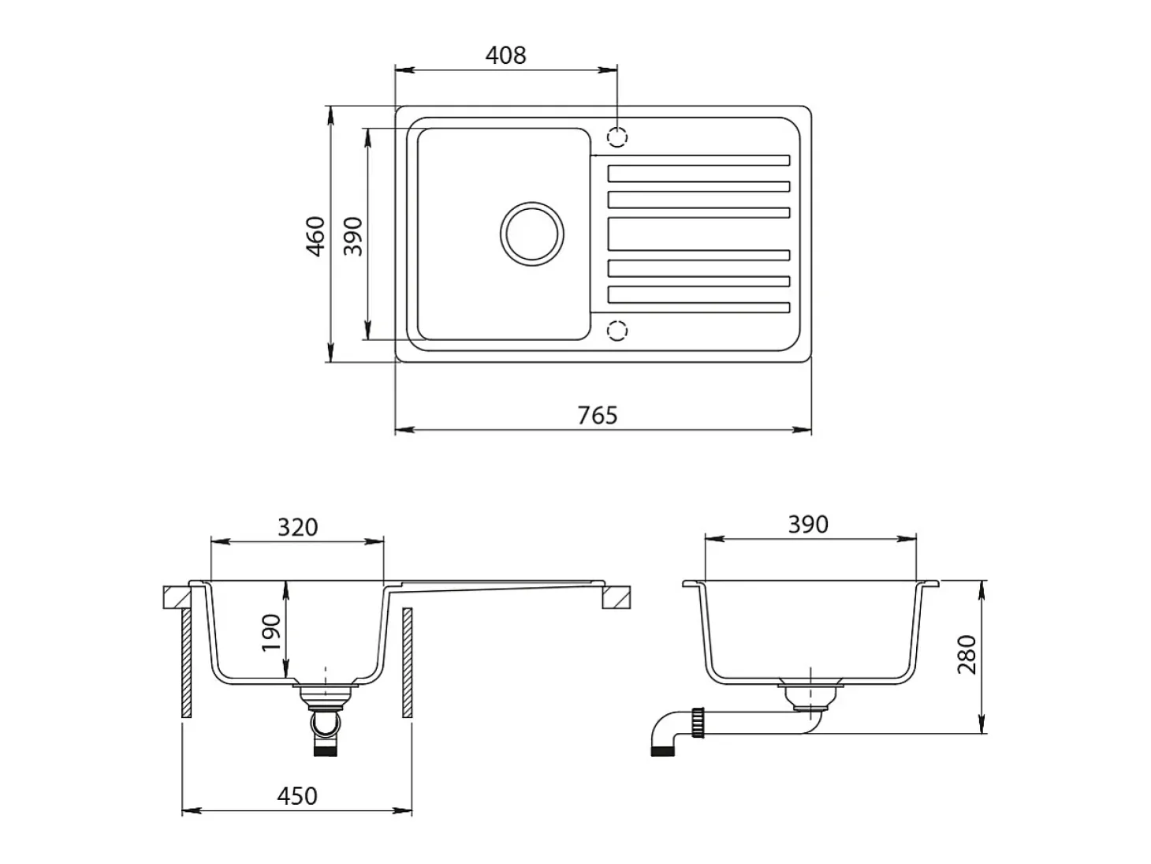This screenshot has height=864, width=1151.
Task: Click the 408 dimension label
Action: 505,55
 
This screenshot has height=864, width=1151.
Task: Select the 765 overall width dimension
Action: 598,416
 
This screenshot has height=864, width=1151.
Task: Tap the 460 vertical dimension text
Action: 315,236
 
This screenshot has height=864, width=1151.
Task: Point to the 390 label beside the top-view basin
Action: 353,236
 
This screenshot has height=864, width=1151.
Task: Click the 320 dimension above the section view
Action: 297,528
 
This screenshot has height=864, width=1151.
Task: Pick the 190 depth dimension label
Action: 271,633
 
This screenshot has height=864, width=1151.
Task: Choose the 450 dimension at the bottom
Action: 297,796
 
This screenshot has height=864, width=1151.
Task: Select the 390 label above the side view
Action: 808,525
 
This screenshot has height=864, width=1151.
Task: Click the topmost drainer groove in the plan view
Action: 690,160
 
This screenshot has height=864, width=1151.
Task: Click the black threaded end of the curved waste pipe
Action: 662,750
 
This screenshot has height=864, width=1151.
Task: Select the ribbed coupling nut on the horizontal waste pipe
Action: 698,723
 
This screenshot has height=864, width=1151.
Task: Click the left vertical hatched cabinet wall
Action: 186,663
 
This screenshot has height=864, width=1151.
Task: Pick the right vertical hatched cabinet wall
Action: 408,663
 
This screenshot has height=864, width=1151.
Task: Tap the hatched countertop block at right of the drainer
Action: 616,597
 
